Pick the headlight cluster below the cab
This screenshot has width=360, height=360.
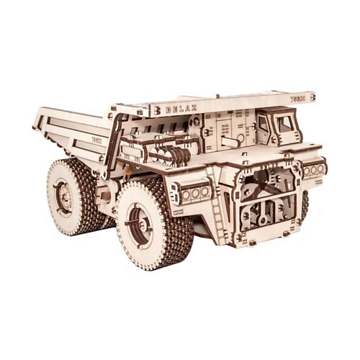[x=314, y=170]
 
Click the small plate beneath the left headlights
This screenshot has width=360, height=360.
[x=179, y=211]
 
